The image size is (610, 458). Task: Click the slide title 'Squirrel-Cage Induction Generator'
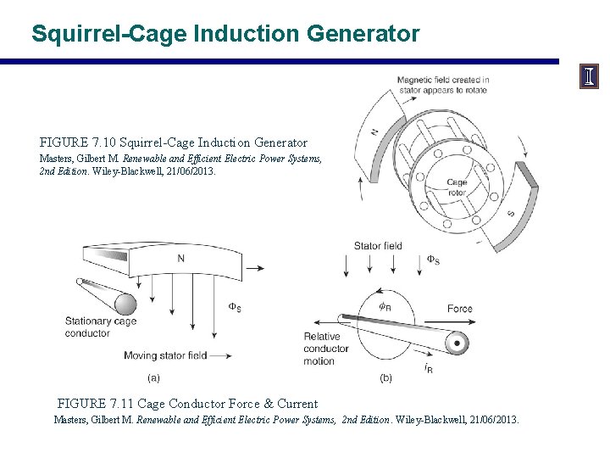pyautogui.click(x=225, y=34)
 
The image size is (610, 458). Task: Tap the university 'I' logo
pyautogui.click(x=589, y=77)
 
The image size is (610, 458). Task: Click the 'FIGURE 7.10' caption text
pyautogui.click(x=174, y=142)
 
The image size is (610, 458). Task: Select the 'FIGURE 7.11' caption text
pyautogui.click(x=187, y=404)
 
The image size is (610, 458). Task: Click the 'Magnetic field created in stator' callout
pyautogui.click(x=443, y=85)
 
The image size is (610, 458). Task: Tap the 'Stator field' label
pyautogui.click(x=377, y=247)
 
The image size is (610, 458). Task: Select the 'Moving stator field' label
pyautogui.click(x=165, y=355)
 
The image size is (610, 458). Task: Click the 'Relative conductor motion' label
pyautogui.click(x=321, y=349)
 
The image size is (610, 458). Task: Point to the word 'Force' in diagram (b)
pyautogui.click(x=460, y=309)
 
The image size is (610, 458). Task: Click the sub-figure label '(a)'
pyautogui.click(x=154, y=377)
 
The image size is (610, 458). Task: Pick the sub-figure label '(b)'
pyautogui.click(x=386, y=377)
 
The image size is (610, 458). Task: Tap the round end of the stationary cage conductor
pyautogui.click(x=125, y=304)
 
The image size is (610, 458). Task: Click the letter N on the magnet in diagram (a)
pyautogui.click(x=181, y=258)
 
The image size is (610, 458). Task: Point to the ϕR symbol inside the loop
pyautogui.click(x=385, y=307)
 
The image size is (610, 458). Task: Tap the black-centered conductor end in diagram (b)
pyautogui.click(x=457, y=343)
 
